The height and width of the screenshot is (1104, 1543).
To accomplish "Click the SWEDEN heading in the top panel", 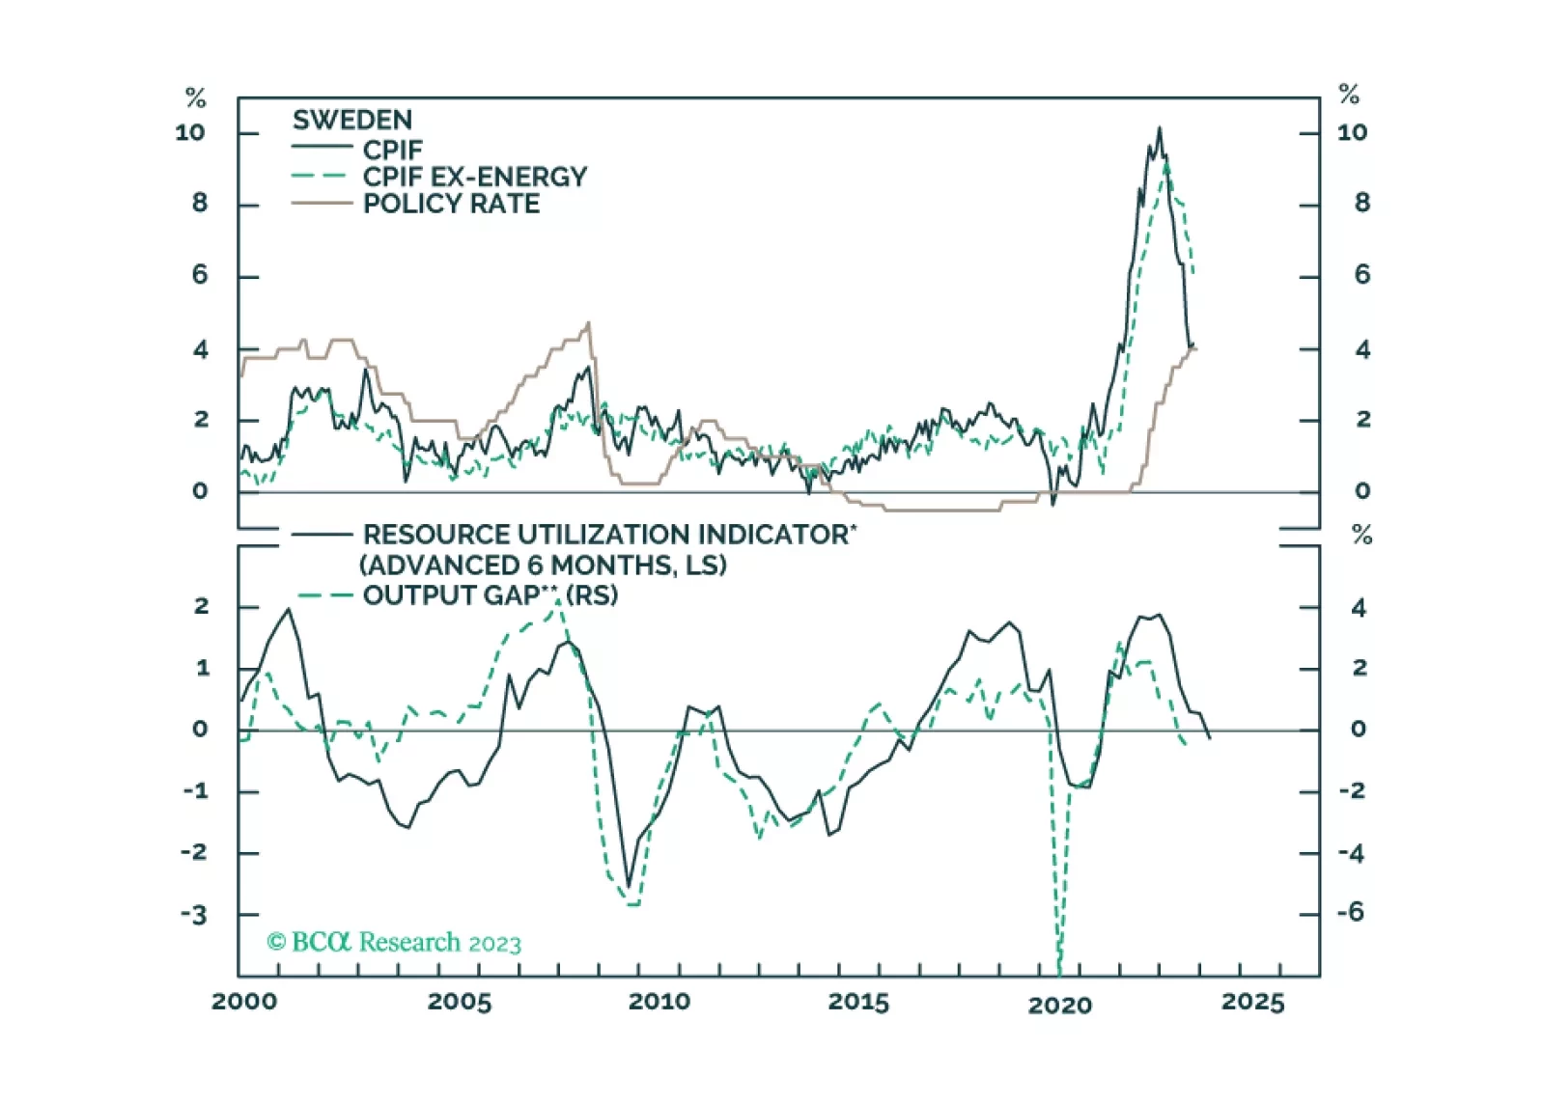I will click(x=352, y=121).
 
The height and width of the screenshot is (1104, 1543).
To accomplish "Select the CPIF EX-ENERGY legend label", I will click(x=474, y=178).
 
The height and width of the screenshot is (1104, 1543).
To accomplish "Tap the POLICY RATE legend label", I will click(x=451, y=205).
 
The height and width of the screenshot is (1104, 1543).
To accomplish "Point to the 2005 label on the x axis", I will click(x=460, y=1002).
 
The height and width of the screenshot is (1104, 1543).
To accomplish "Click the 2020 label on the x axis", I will click(x=1060, y=1006).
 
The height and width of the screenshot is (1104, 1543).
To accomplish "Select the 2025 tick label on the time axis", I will click(x=1253, y=1002).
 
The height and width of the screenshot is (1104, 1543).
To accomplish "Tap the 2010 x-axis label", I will click(x=659, y=1002).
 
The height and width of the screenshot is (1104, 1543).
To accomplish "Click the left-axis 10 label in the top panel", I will click(x=190, y=133).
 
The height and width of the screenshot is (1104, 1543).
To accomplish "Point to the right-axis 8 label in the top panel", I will click(x=1361, y=204).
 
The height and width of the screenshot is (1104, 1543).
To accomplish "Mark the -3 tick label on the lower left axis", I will click(x=194, y=915).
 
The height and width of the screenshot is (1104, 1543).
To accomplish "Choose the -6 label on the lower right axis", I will click(x=1351, y=913).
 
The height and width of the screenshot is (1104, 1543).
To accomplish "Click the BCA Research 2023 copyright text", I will click(x=394, y=942).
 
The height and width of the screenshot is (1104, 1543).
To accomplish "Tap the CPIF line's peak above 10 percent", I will click(x=1160, y=128).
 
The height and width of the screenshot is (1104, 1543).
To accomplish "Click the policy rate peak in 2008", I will click(x=589, y=324).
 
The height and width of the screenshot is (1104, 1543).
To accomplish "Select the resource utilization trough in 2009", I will click(x=629, y=886).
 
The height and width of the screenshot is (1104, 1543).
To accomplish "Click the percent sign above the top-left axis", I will click(x=196, y=97).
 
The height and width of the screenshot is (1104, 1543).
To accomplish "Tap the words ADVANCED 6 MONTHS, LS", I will click(x=543, y=566).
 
